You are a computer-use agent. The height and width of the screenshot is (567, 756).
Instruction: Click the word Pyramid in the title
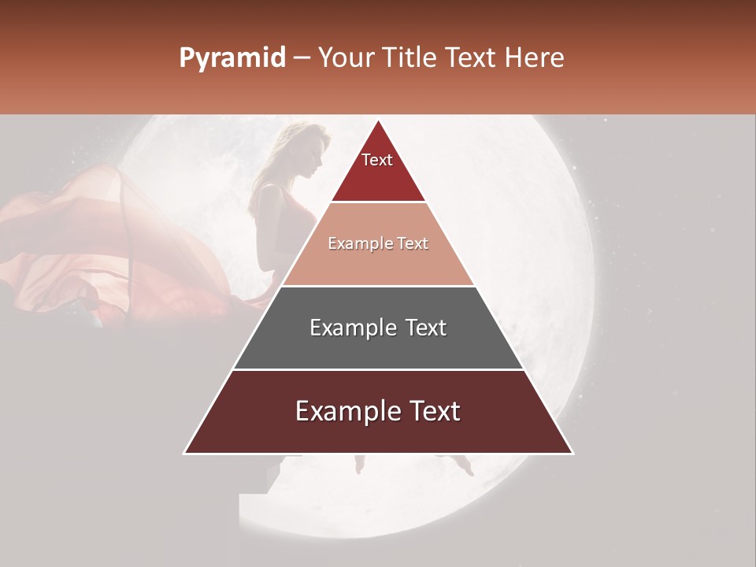tap(232, 58)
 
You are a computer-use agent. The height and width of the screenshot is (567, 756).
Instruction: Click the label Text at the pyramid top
tap(377, 160)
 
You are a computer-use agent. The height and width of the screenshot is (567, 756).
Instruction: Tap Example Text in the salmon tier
tap(378, 243)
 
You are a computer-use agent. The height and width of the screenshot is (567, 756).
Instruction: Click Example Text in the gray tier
tap(378, 328)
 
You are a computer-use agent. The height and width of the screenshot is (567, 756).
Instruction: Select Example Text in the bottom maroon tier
tap(378, 411)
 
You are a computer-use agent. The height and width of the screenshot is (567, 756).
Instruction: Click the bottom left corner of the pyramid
tap(185, 453)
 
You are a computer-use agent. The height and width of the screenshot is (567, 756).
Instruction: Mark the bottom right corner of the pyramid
tap(572, 453)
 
